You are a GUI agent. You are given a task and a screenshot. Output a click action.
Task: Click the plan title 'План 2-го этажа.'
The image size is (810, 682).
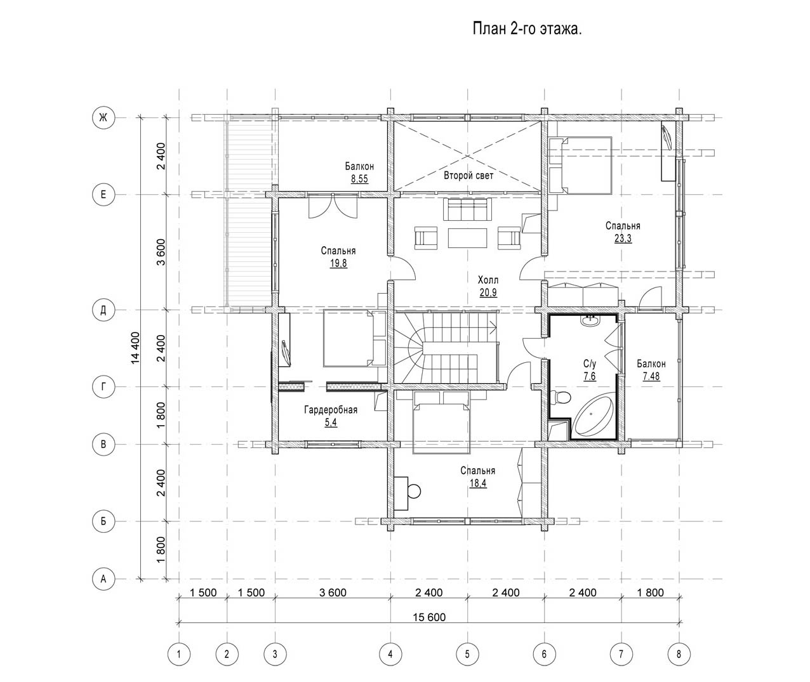(x=527, y=29)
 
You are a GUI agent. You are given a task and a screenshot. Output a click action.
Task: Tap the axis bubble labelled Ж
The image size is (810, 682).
(x=103, y=117)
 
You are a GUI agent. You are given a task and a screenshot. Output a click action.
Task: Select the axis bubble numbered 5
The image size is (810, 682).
(x=467, y=655)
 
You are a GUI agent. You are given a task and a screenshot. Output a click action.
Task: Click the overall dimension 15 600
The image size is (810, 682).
(x=429, y=617)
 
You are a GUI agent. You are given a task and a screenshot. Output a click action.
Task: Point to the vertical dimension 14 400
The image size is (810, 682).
(x=135, y=348)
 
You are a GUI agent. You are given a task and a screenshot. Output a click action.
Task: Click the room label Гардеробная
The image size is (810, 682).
(x=331, y=410)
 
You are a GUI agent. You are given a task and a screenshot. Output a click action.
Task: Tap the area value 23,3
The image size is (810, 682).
(x=623, y=239)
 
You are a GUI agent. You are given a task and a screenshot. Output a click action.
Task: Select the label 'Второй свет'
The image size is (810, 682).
(x=468, y=176)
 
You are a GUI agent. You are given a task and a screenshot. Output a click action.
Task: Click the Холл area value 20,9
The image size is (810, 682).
(x=488, y=292)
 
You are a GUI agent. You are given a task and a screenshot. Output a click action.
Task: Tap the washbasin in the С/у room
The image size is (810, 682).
(x=590, y=321)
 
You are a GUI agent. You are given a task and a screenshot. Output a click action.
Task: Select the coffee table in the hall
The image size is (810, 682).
(x=467, y=238)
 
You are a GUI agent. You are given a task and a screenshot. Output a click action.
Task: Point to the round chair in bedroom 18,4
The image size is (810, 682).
(x=415, y=491)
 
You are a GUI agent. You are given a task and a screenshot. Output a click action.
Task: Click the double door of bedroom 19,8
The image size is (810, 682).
(x=333, y=206)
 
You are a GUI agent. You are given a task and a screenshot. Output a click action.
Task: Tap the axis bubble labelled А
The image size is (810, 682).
(x=103, y=579)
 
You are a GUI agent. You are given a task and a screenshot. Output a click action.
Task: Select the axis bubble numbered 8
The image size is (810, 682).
(x=679, y=655)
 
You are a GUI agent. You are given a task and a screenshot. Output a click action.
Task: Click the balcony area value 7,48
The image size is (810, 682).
(x=651, y=376)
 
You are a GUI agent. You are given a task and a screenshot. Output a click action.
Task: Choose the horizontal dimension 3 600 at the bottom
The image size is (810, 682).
(x=333, y=593)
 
